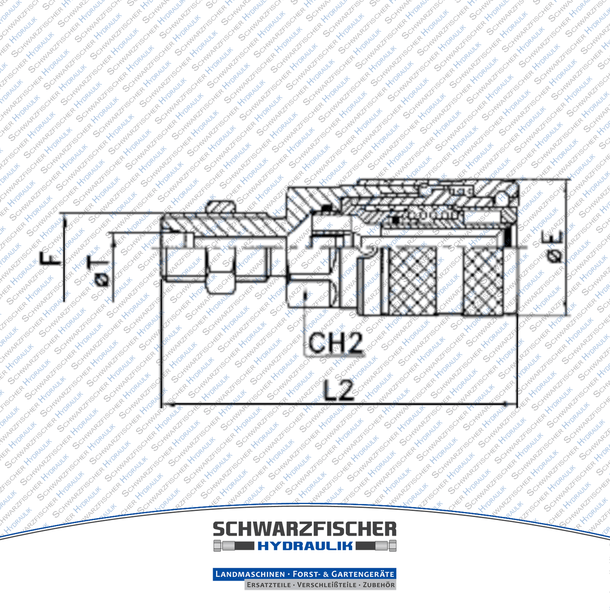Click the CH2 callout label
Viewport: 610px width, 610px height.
(x=335, y=343)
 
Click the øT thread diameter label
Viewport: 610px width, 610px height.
(x=100, y=271)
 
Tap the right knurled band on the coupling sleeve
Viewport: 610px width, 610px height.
(x=483, y=281)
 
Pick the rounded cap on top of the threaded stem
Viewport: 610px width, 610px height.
(x=221, y=206)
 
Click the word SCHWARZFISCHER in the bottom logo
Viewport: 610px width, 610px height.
(x=304, y=529)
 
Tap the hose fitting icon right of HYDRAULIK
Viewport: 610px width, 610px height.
(x=377, y=546)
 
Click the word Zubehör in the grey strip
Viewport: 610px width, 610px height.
(x=378, y=585)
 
